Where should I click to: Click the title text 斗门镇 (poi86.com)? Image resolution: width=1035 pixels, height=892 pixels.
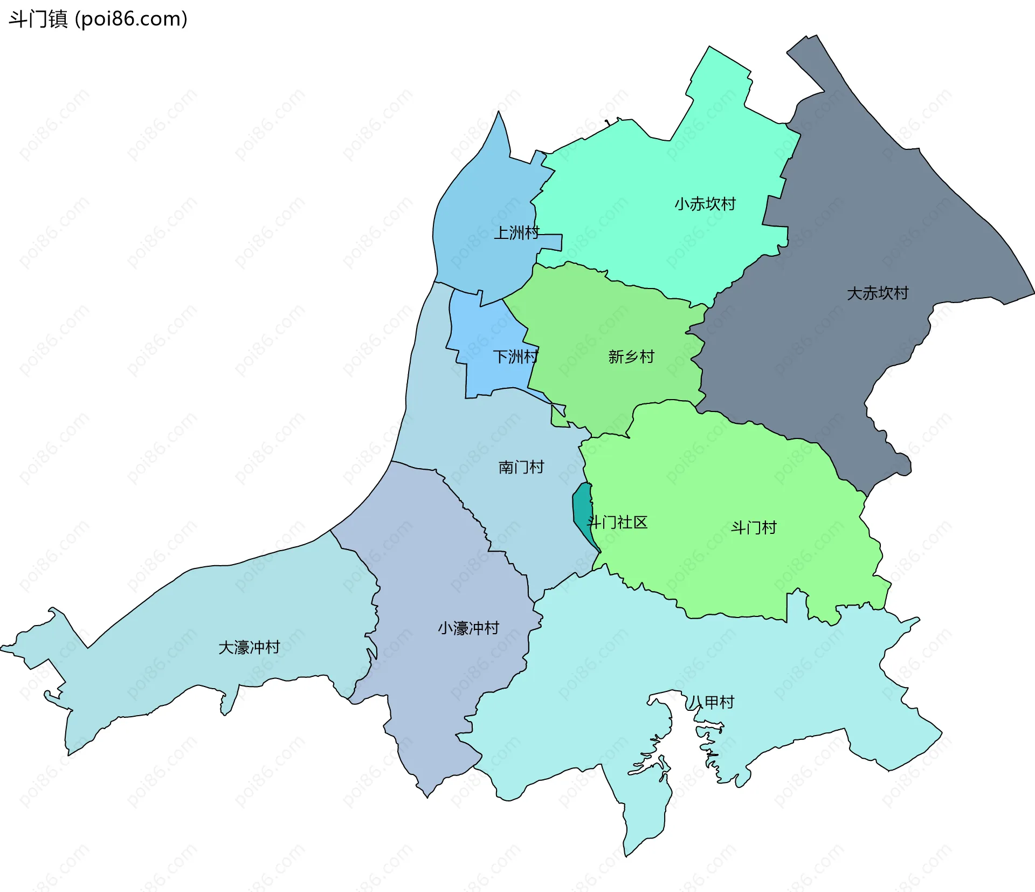(98, 19)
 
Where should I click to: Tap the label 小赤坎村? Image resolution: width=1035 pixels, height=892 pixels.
(705, 204)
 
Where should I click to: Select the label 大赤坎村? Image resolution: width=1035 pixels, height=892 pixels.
(877, 293)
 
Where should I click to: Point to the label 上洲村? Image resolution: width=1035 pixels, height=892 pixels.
(516, 233)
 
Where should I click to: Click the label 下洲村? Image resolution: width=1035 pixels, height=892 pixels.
(515, 356)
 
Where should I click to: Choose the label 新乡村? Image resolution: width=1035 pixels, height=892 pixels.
(631, 356)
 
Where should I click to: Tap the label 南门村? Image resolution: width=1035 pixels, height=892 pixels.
(521, 466)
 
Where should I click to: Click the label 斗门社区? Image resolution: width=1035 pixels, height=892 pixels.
(617, 522)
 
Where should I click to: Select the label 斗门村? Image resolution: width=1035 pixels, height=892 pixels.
(753, 527)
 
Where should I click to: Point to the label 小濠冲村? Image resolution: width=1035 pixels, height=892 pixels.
(468, 628)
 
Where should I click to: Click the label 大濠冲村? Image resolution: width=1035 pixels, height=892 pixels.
(249, 647)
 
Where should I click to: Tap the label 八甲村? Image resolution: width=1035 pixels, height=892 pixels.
(712, 702)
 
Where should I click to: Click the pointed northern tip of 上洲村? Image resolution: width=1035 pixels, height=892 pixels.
(499, 114)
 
